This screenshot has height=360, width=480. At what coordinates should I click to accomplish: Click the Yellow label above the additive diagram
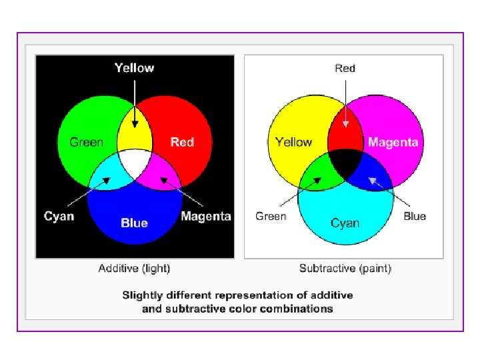coord(134,67)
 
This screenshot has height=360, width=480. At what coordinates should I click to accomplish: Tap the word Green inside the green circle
coord(87,141)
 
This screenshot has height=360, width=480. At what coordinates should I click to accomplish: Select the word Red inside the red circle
coord(182,141)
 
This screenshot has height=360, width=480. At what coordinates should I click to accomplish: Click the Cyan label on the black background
coord(59,216)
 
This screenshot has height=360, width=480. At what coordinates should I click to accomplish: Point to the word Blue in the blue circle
coord(134,223)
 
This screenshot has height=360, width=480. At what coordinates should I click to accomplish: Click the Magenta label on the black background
coord(206,216)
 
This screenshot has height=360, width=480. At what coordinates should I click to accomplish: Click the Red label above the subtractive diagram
coord(345,68)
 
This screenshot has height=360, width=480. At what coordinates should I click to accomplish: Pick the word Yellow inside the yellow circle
coord(293,141)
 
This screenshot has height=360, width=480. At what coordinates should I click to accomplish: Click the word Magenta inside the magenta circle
coord(393,141)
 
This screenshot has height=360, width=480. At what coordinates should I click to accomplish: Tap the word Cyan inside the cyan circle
coord(345,223)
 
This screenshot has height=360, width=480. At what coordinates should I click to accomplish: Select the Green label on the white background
coord(271,216)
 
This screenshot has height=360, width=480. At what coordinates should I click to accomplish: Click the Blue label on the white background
coord(415,216)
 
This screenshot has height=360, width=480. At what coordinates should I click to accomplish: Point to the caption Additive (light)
coord(134,269)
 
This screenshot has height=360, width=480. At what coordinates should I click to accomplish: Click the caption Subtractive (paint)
coord(345,269)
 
